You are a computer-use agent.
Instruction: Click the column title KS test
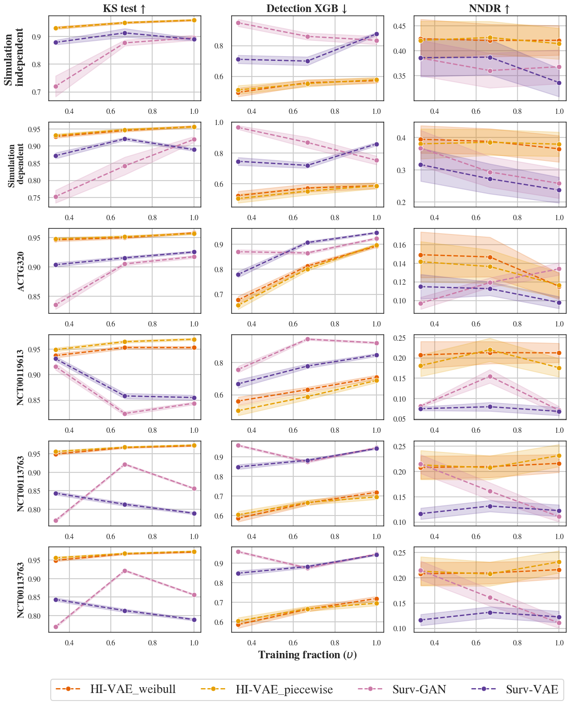(124, 8)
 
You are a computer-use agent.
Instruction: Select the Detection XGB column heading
(307, 8)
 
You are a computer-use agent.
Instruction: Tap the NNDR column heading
(489, 8)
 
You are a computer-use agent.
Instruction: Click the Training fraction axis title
(307, 655)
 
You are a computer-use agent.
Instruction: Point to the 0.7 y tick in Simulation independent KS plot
(40, 92)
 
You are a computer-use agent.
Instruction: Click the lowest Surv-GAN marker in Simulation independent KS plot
(56, 86)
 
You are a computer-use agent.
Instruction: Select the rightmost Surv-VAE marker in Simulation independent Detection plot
(376, 34)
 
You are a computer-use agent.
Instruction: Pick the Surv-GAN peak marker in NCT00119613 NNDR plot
(490, 376)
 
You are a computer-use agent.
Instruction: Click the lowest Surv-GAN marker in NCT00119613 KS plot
(125, 414)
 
